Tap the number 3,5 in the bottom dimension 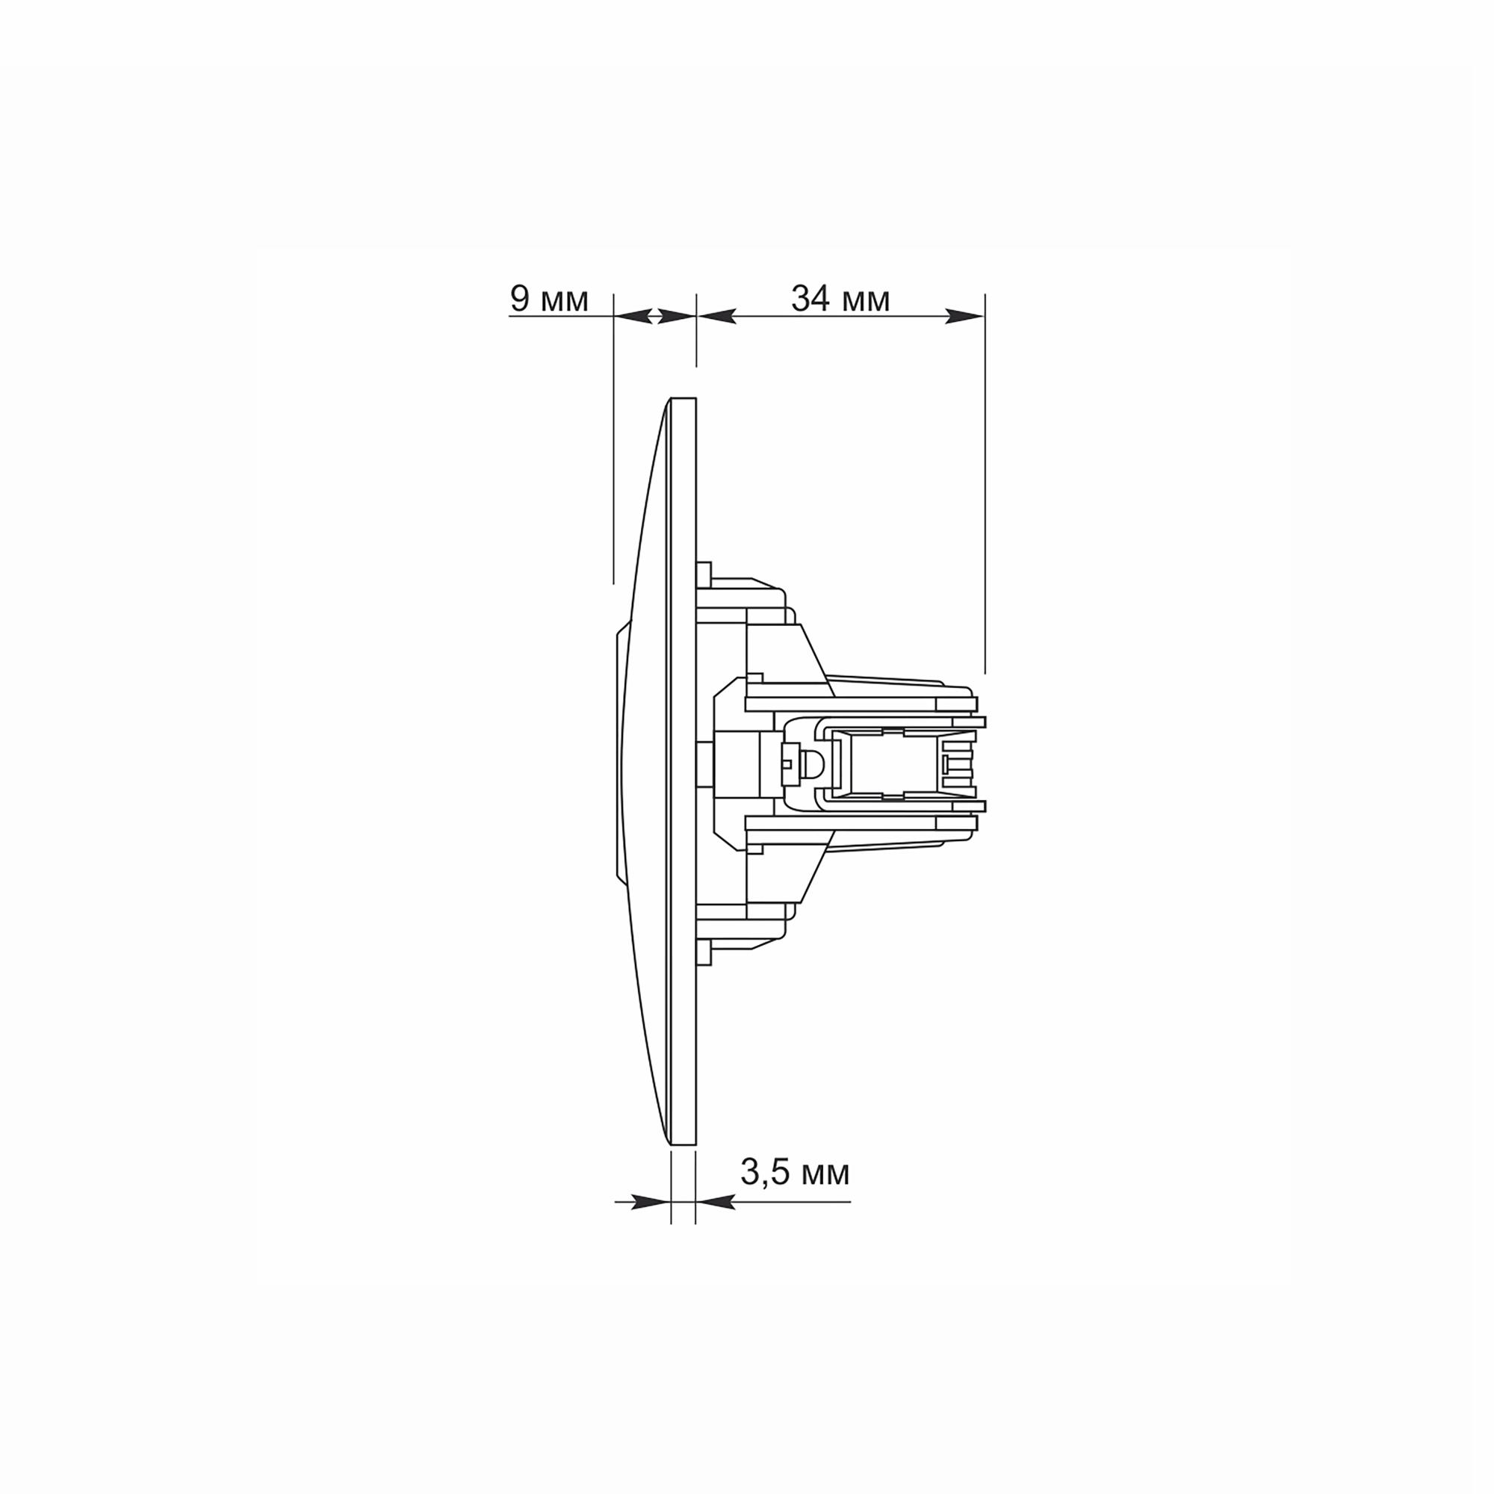(x=766, y=1173)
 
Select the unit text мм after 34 (x=866, y=302)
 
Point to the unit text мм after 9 (x=565, y=302)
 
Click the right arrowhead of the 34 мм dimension (x=965, y=315)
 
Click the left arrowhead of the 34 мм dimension (x=716, y=315)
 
